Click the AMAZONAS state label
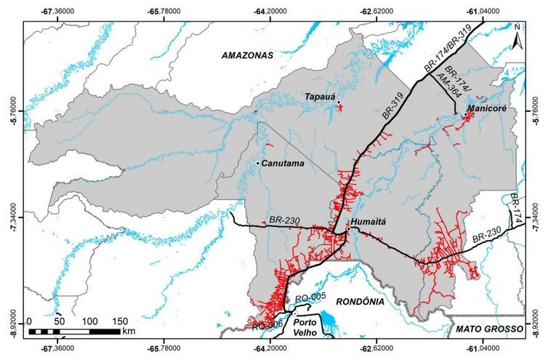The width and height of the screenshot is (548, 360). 246,55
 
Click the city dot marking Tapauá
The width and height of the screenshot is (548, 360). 338,103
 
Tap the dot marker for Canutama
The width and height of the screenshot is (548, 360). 257,163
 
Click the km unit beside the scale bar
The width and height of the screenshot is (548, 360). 129,331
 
